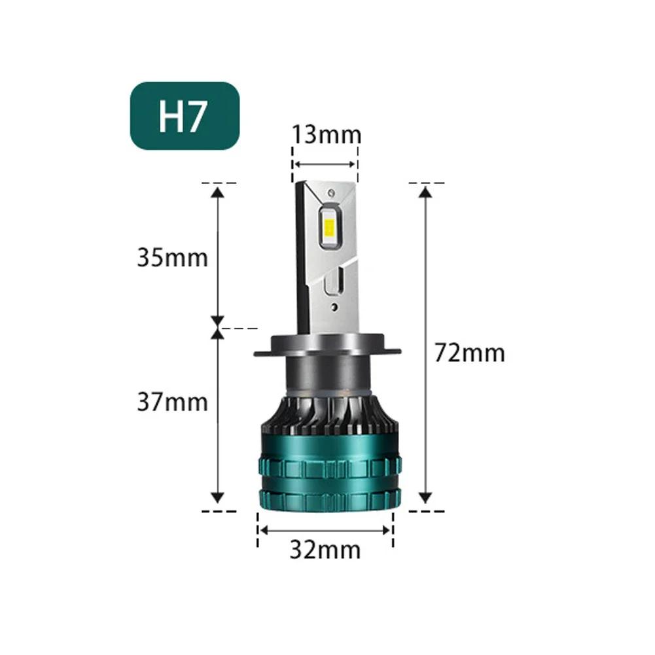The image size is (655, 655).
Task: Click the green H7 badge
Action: (x=185, y=116)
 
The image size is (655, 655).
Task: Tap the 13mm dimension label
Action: (x=326, y=135)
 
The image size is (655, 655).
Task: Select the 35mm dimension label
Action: (x=172, y=257)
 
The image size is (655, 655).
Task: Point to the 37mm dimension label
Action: (x=172, y=401)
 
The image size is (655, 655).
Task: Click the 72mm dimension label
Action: (x=470, y=353)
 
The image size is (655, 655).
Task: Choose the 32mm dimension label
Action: (x=325, y=550)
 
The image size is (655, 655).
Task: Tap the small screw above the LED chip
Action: (x=332, y=193)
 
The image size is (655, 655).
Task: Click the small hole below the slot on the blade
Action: (x=334, y=305)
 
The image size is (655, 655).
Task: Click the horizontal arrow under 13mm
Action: (x=325, y=164)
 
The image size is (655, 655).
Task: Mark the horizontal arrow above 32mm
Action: (x=325, y=531)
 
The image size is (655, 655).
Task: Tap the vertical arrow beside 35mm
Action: (x=218, y=255)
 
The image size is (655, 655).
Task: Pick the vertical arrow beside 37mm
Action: (x=218, y=416)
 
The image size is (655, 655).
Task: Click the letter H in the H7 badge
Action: (x=169, y=116)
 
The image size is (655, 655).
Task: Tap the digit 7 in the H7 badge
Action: (x=198, y=116)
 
